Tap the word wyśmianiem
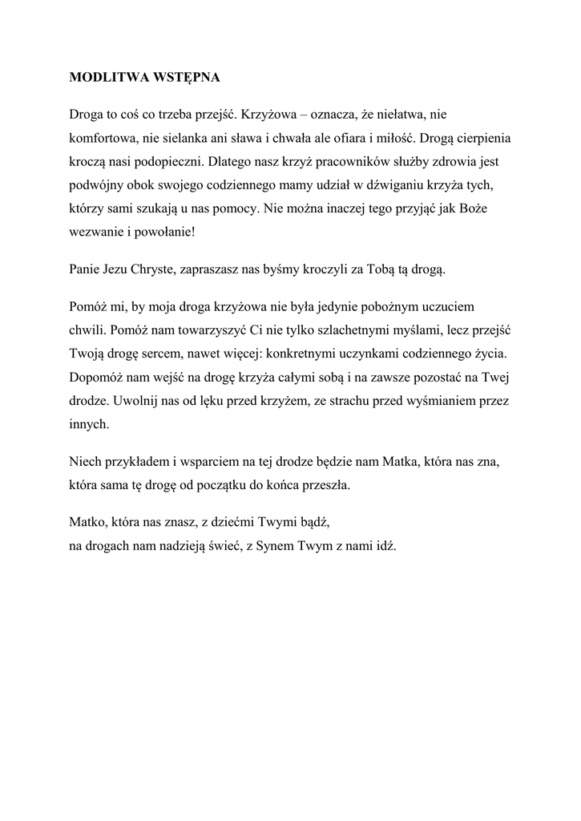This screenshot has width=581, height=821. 439,400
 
